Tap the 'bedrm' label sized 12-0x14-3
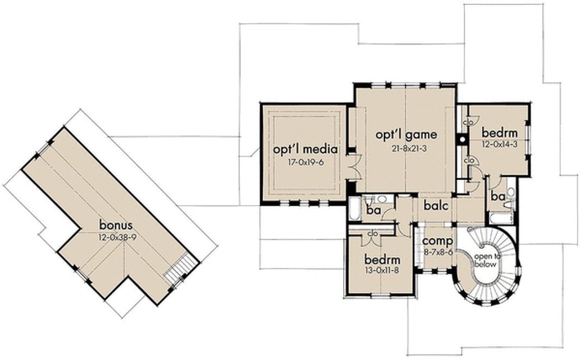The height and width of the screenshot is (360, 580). coord(500,132)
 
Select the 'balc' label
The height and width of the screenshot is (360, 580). coord(435,206)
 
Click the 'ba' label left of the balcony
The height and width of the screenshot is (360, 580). coord(372,209)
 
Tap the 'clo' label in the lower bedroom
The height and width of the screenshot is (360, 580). coord(372,234)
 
